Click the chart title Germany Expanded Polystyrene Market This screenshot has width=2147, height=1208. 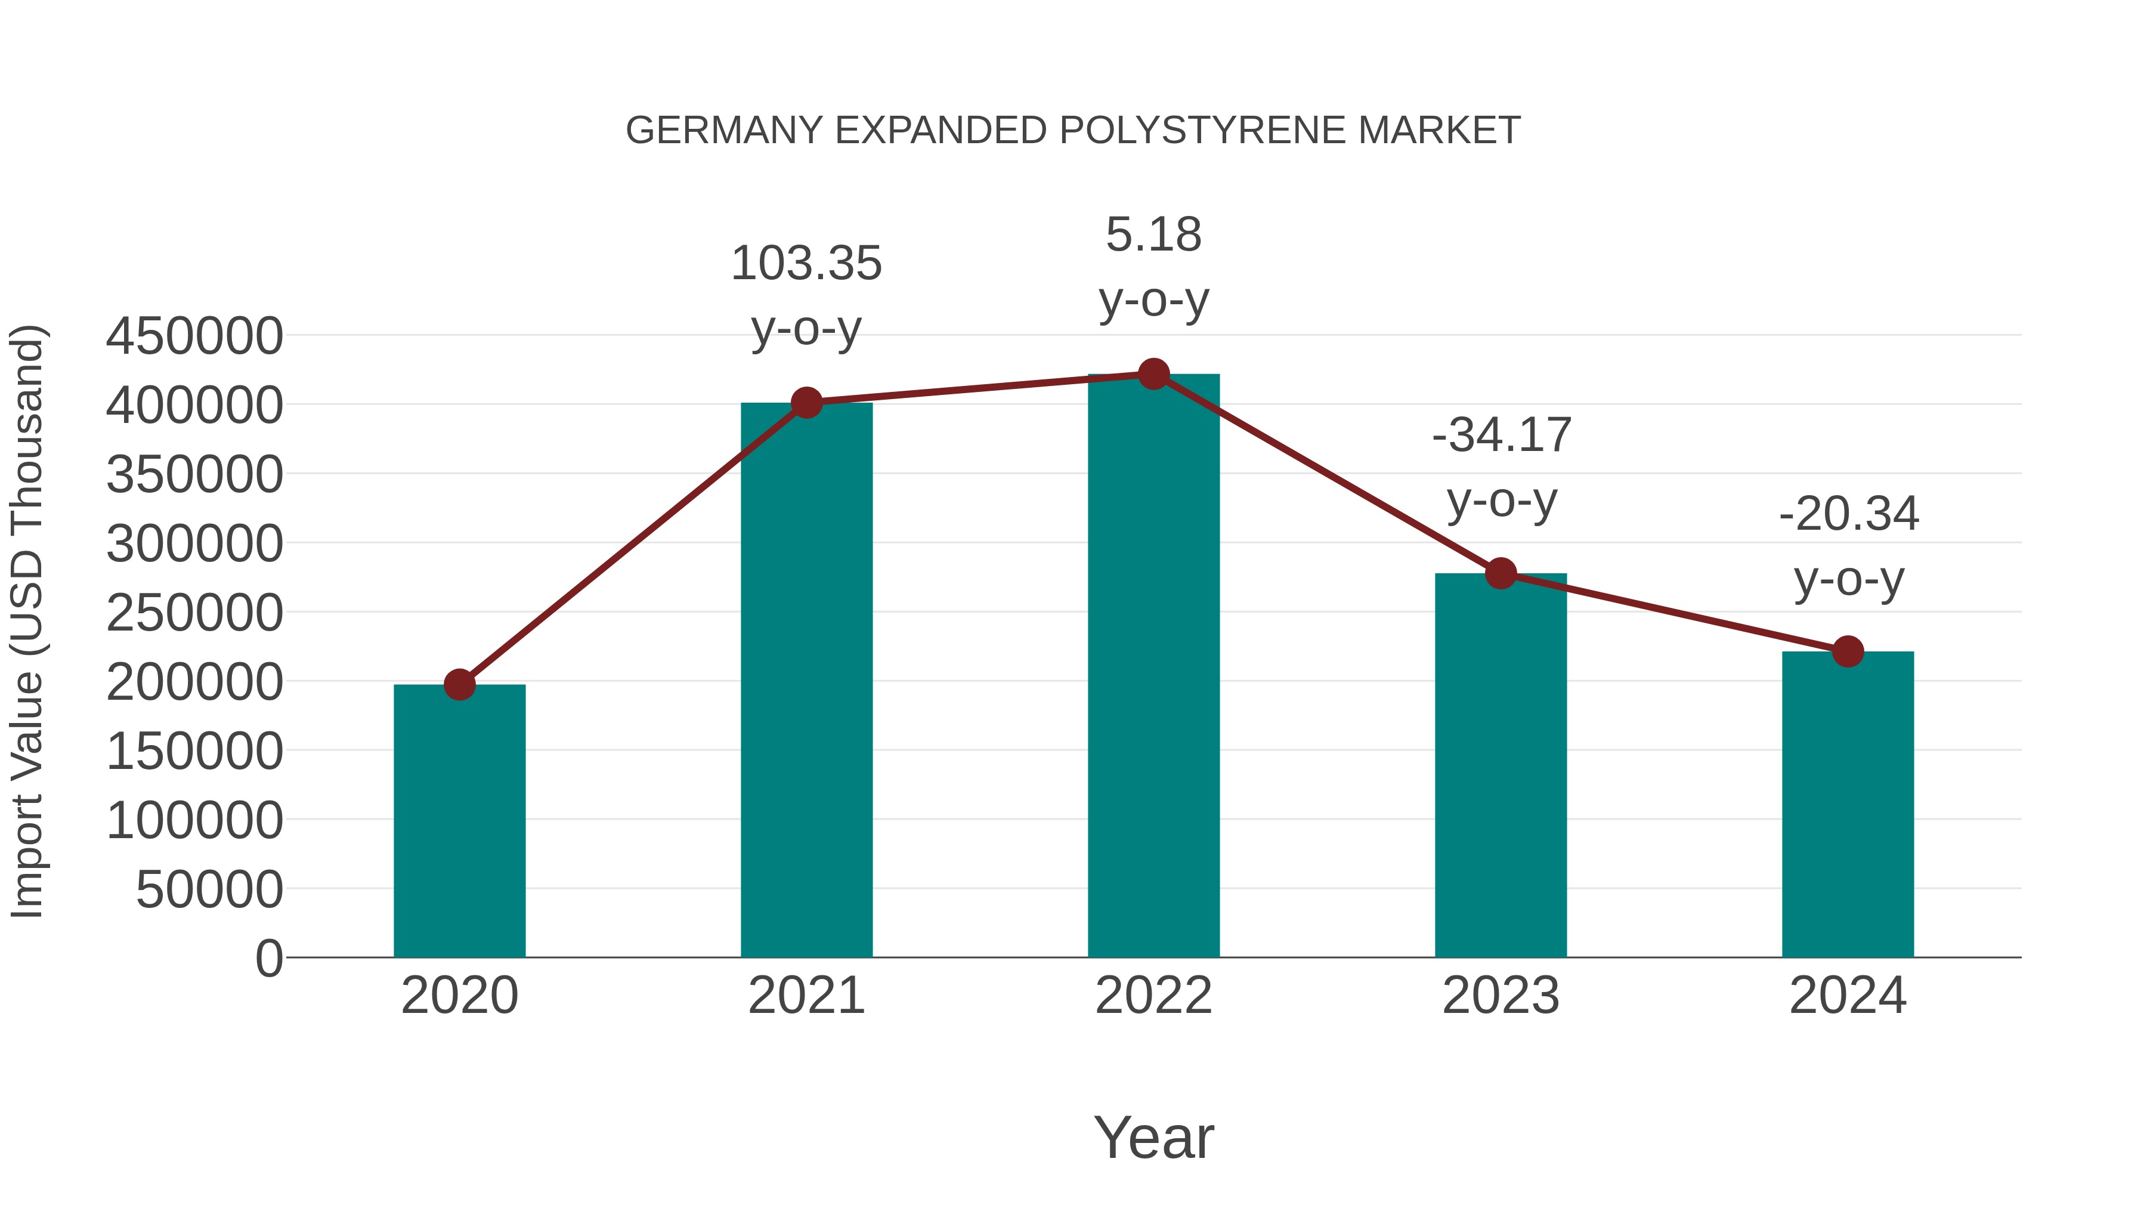click(1073, 131)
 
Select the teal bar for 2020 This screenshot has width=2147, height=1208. click(459, 821)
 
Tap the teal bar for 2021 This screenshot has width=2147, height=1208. click(806, 679)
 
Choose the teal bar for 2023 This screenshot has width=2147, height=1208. click(1501, 765)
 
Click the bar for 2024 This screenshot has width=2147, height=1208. click(1848, 805)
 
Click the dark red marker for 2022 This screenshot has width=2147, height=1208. click(1153, 374)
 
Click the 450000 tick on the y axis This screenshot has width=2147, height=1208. click(194, 337)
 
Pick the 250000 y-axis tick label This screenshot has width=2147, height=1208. click(194, 614)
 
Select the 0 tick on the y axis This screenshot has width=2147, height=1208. click(269, 959)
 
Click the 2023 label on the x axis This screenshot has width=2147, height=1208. click(1501, 996)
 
